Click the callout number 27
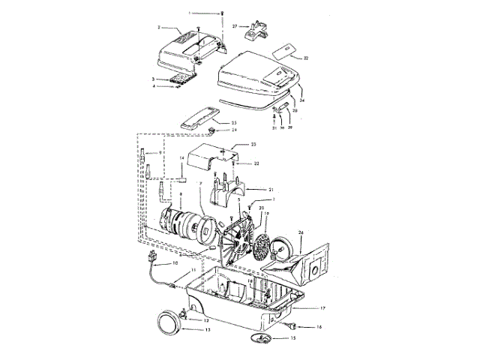(x=235, y=26)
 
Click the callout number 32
(x=306, y=57)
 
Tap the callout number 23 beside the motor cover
(x=253, y=144)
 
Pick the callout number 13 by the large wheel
(x=207, y=330)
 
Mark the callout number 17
(x=322, y=307)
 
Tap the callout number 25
(x=233, y=122)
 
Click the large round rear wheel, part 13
(x=169, y=322)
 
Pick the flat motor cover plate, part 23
(x=211, y=157)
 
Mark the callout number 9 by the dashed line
(x=160, y=153)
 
